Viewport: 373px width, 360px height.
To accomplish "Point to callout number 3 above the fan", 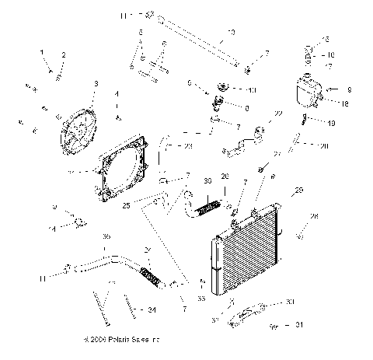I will pos(95,84).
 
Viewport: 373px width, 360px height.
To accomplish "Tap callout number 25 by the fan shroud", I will pos(126,206).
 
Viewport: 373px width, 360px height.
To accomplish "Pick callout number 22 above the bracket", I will pos(277,114).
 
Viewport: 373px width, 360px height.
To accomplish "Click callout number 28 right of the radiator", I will pos(314,216).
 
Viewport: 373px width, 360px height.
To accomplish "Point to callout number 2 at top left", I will pos(64,54).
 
